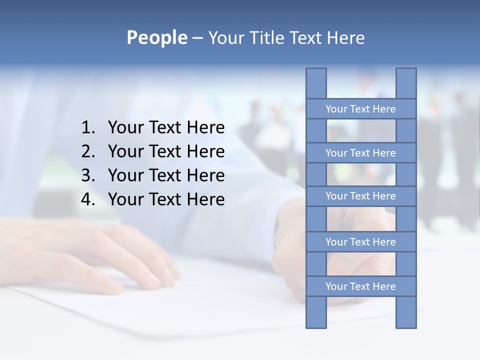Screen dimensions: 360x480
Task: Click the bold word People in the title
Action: tap(156, 38)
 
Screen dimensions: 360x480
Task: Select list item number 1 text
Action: tap(166, 128)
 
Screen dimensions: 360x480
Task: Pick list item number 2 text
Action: tap(166, 151)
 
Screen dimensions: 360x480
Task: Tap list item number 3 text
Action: tap(166, 175)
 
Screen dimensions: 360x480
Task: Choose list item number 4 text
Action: tap(166, 199)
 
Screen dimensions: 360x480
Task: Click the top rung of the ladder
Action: tap(360, 109)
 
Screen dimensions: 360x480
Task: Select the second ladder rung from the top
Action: tap(360, 153)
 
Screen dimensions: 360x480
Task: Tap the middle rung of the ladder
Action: tap(360, 196)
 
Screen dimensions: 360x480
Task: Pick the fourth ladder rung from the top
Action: tap(360, 242)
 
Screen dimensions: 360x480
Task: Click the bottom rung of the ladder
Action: tap(360, 286)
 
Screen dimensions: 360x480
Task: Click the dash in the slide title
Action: tap(197, 38)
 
